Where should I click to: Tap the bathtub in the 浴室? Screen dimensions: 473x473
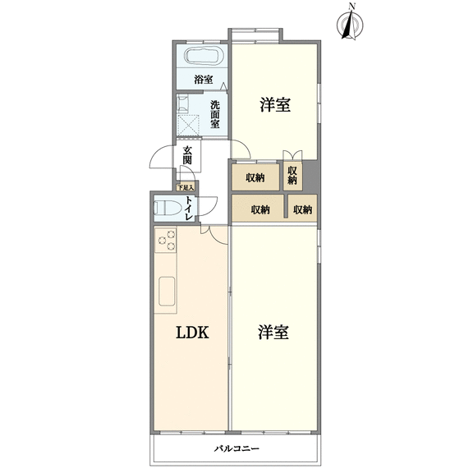click(x=204, y=56)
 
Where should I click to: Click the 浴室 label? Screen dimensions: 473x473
click(x=204, y=80)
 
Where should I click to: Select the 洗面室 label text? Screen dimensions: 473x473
click(x=215, y=114)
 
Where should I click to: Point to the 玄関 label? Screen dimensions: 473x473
click(x=187, y=155)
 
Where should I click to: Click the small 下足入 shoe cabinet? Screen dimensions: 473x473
click(x=186, y=187)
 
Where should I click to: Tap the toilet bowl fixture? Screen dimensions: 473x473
click(x=168, y=208)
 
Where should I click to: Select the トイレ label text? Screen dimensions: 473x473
click(x=189, y=208)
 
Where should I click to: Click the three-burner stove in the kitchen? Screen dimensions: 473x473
click(x=165, y=240)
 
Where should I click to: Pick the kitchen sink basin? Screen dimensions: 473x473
click(x=167, y=292)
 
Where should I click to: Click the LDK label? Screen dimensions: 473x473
click(x=192, y=333)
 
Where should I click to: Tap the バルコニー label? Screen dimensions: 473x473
click(x=236, y=449)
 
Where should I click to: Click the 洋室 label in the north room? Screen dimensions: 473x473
click(x=275, y=105)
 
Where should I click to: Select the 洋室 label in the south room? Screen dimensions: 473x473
click(x=273, y=332)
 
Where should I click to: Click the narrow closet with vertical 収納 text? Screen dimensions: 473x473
click(x=292, y=177)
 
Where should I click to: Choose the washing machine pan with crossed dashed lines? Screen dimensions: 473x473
click(x=188, y=126)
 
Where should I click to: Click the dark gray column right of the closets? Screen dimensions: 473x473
click(x=310, y=177)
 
